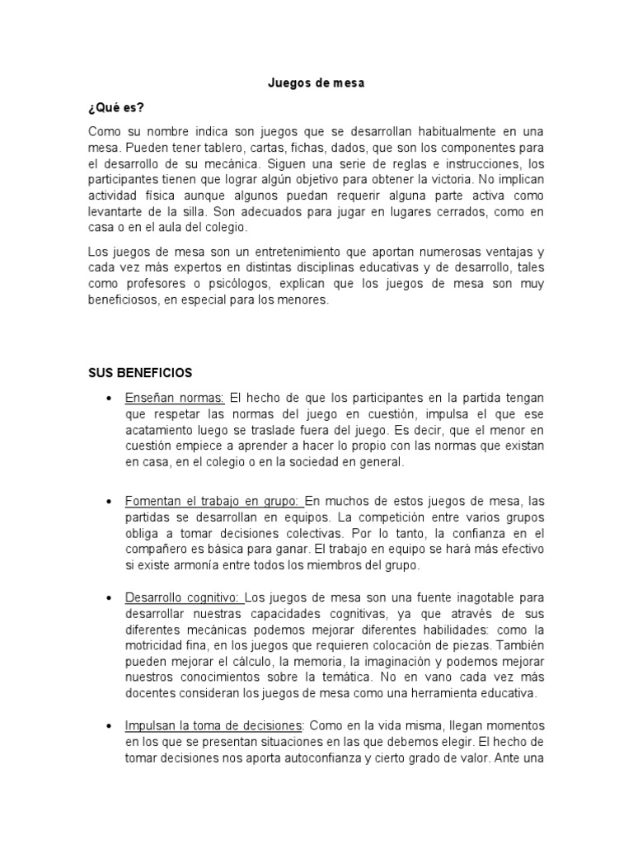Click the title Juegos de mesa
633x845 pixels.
pos(316,83)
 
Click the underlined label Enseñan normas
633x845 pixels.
pos(175,398)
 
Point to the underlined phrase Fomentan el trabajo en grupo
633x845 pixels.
pos(213,502)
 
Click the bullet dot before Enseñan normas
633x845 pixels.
pos(110,399)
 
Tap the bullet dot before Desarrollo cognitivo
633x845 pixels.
pos(110,597)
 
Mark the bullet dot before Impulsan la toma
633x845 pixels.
pos(110,726)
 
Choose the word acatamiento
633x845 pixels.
pos(163,431)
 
